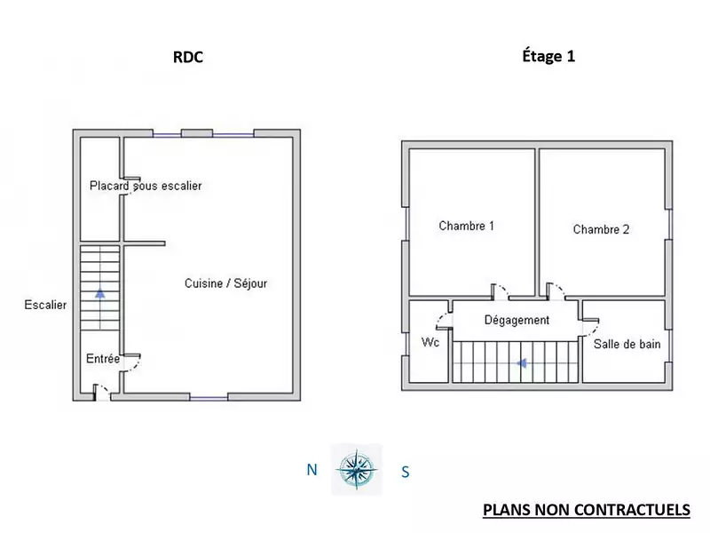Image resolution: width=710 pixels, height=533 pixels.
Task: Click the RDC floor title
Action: pyautogui.click(x=188, y=57)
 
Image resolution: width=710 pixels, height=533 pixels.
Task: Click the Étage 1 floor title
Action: pyautogui.click(x=548, y=56)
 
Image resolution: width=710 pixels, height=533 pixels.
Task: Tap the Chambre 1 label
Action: pyautogui.click(x=467, y=226)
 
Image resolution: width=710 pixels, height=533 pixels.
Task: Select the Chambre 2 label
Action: pyautogui.click(x=601, y=229)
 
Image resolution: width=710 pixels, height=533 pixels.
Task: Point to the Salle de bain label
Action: pyautogui.click(x=627, y=344)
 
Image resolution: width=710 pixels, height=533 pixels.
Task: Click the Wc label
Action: pyautogui.click(x=430, y=342)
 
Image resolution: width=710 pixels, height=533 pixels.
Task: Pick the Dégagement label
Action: pyautogui.click(x=517, y=320)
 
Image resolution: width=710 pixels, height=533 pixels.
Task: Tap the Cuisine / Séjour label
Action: pyautogui.click(x=225, y=283)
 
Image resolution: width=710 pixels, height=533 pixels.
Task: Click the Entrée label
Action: pyautogui.click(x=103, y=359)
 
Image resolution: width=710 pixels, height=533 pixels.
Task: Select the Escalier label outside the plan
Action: pyautogui.click(x=45, y=305)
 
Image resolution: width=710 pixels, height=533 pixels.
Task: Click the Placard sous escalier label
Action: pyautogui.click(x=146, y=186)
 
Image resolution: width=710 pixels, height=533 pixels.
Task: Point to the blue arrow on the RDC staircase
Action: pyautogui.click(x=100, y=293)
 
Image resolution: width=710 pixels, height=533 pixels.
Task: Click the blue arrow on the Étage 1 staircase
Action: pyautogui.click(x=522, y=363)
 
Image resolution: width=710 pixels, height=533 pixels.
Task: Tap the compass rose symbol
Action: pyautogui.click(x=357, y=470)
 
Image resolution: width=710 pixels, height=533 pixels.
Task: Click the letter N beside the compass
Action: pyautogui.click(x=312, y=470)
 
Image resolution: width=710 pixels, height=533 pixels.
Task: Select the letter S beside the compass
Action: pyautogui.click(x=406, y=473)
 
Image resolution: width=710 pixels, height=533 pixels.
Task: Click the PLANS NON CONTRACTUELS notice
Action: pyautogui.click(x=587, y=510)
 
